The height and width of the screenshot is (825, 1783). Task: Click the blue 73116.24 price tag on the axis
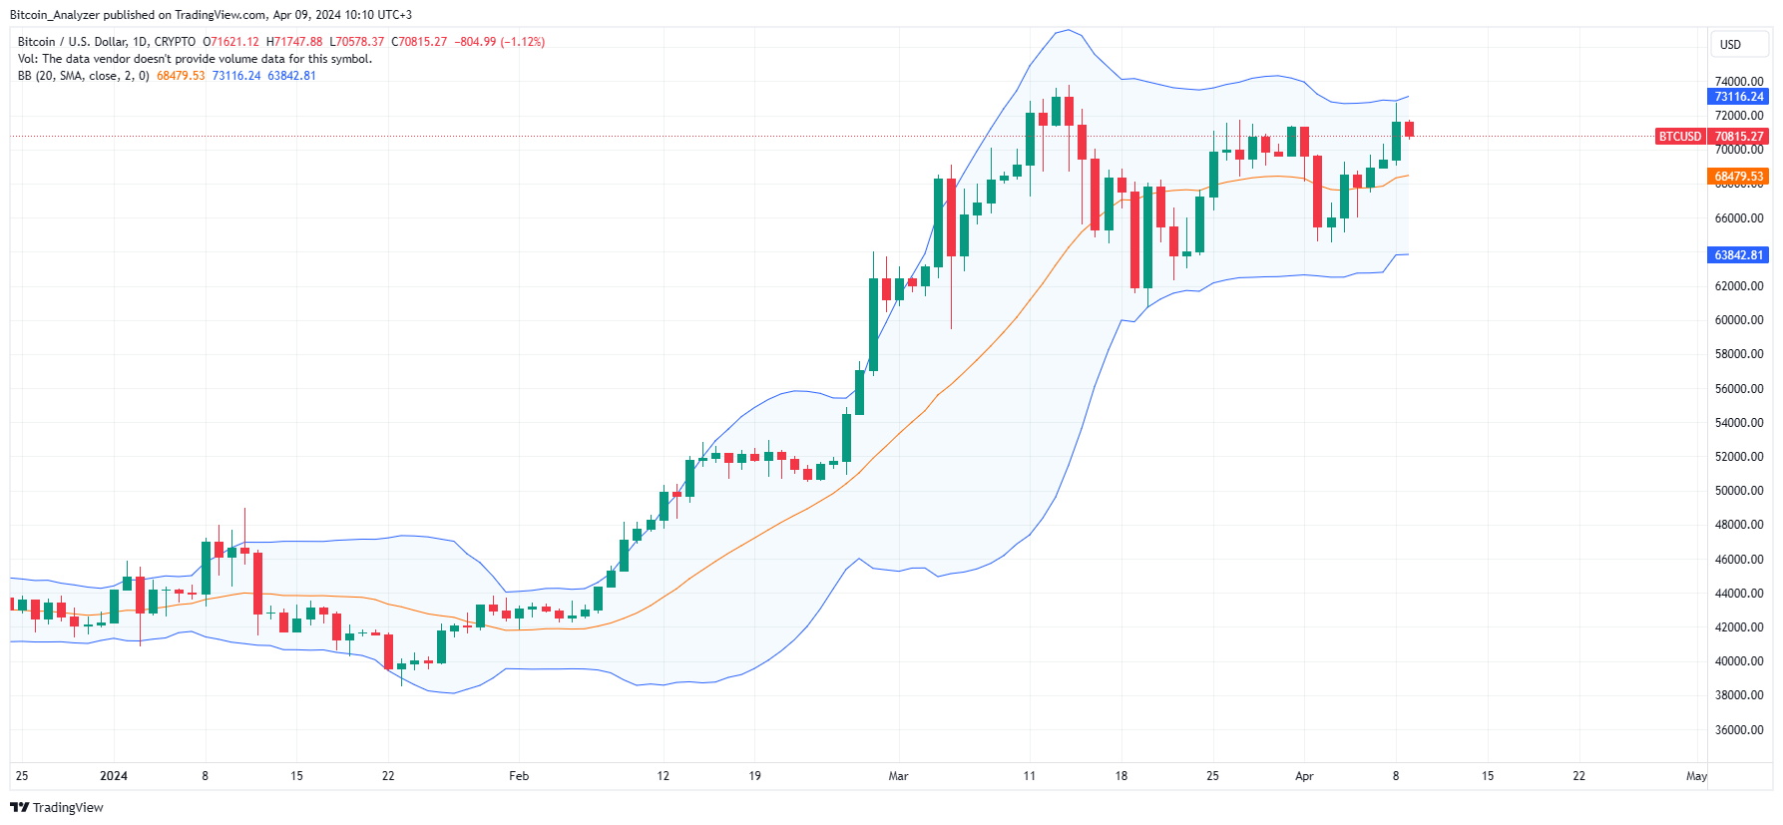pyautogui.click(x=1738, y=97)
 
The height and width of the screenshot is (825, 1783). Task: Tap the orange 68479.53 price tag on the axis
pyautogui.click(x=1738, y=177)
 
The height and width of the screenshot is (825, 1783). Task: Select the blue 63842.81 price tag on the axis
pyautogui.click(x=1738, y=255)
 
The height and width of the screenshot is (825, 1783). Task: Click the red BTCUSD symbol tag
pyautogui.click(x=1680, y=137)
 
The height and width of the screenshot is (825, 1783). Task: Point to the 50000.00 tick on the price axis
pyautogui.click(x=1738, y=491)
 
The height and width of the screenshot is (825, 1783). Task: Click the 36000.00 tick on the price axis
pyautogui.click(x=1738, y=730)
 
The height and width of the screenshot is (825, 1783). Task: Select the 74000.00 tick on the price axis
pyautogui.click(x=1738, y=82)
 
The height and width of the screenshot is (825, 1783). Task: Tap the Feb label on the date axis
pyautogui.click(x=519, y=776)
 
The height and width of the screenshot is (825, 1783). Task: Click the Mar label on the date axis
pyautogui.click(x=898, y=776)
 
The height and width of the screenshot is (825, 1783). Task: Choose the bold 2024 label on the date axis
pyautogui.click(x=114, y=776)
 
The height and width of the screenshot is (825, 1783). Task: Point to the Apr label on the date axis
pyautogui.click(x=1304, y=776)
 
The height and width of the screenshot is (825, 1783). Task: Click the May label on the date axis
pyautogui.click(x=1696, y=776)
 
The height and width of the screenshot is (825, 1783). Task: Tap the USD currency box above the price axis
pyautogui.click(x=1730, y=45)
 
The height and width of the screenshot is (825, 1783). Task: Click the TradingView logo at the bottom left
pyautogui.click(x=57, y=807)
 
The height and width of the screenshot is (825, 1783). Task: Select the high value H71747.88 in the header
pyautogui.click(x=294, y=42)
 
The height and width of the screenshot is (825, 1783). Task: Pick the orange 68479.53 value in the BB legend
pyautogui.click(x=181, y=76)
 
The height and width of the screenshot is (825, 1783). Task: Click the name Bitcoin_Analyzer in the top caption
pyautogui.click(x=55, y=15)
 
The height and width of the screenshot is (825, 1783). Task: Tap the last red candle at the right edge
pyautogui.click(x=1409, y=129)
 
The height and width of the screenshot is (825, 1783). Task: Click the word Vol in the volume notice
pyautogui.click(x=27, y=59)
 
